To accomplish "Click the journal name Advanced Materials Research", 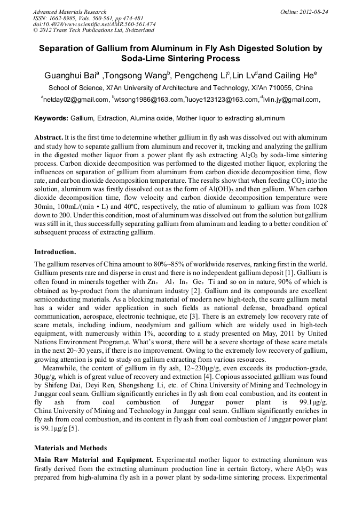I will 69,11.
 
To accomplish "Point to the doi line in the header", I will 94,24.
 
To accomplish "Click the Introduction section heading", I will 55,251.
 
